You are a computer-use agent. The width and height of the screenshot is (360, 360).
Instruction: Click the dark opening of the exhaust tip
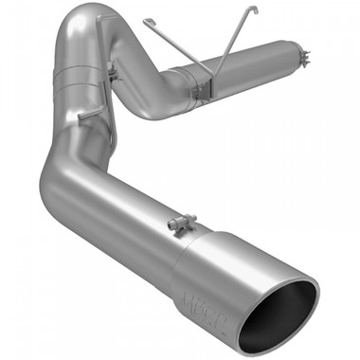(286, 315)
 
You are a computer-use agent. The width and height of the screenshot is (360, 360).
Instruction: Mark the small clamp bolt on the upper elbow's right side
(112, 67)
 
